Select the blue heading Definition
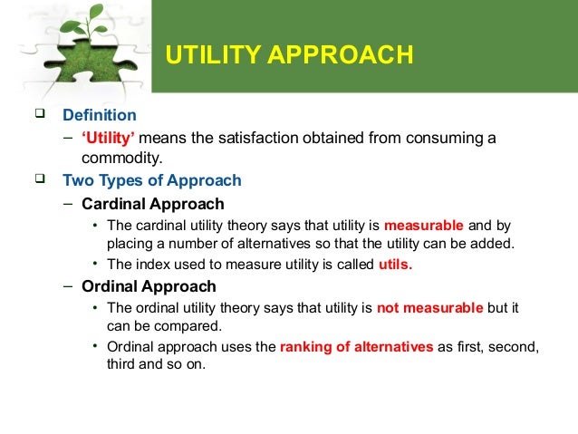tap(99, 116)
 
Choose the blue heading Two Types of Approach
tap(151, 179)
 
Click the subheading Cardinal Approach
tap(152, 204)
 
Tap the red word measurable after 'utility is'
tap(424, 226)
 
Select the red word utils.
tap(392, 264)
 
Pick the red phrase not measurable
tap(429, 309)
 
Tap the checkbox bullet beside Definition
tap(39, 116)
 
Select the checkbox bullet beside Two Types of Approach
tap(39, 179)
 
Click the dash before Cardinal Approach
tap(69, 204)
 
